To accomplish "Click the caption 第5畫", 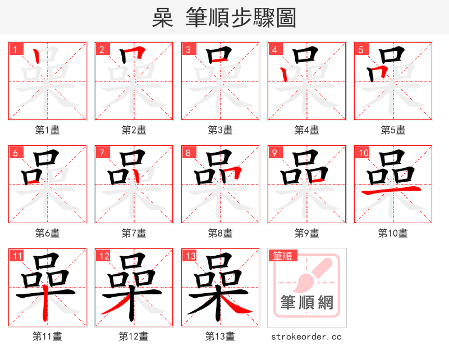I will coord(393,130).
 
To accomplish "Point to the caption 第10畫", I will coord(393,233).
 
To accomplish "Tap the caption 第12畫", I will coord(134,336).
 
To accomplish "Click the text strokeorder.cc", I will coord(306,336).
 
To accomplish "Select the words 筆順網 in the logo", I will coord(306,303).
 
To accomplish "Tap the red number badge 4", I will coord(274,50).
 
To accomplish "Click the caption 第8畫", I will coord(220,233).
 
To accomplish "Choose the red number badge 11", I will coord(17,256).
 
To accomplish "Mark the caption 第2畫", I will coord(134,130).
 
